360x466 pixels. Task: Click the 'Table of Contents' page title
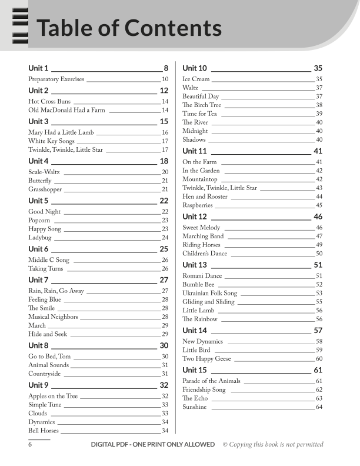coord(129,28)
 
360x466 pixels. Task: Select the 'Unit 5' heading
coord(39,201)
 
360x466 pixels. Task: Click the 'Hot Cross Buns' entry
coord(49,101)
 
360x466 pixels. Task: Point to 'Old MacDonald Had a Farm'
coord(66,110)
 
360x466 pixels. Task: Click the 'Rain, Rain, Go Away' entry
coord(56,291)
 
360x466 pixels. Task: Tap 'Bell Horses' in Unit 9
coord(44,431)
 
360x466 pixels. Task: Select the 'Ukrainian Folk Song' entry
coord(210,293)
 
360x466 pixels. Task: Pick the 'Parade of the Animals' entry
coord(212,381)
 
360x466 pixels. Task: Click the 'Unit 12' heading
coord(195,217)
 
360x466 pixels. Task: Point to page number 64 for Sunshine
coord(319,407)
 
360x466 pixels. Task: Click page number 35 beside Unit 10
coord(318,68)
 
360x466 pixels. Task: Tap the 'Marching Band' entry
coord(203,236)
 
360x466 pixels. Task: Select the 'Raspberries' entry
coord(198,205)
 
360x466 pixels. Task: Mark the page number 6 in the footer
coord(30,445)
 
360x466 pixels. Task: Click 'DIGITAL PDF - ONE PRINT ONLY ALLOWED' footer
coord(153,445)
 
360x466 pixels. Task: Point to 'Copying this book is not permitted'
coord(273,445)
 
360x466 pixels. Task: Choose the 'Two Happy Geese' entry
coord(206,359)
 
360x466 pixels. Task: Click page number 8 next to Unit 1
coord(166,68)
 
